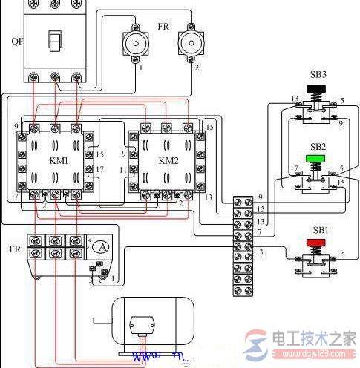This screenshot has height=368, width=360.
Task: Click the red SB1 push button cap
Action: coord(317,242)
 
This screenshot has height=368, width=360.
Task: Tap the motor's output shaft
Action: coord(102,321)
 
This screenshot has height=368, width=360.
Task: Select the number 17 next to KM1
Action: coord(101,168)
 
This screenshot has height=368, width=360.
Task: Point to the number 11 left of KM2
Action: coord(123,169)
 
